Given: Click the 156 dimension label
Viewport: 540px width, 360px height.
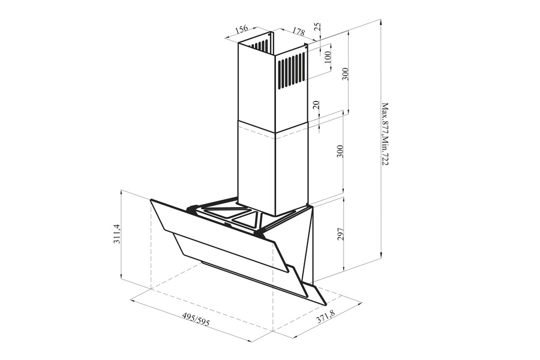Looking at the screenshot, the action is tap(242, 29).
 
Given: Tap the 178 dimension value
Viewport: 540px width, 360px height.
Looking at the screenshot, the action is tap(299, 31).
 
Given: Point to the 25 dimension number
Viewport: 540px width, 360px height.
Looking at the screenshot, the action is tap(317, 27).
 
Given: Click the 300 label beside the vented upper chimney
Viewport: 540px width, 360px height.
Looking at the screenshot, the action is tap(346, 74).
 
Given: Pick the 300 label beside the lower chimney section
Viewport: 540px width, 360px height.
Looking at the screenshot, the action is tap(340, 151).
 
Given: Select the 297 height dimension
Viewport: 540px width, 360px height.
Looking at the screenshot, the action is tap(341, 234).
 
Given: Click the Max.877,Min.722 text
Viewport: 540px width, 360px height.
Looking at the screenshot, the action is tap(385, 134).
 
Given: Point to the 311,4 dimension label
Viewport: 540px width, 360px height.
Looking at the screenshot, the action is tap(117, 234).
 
